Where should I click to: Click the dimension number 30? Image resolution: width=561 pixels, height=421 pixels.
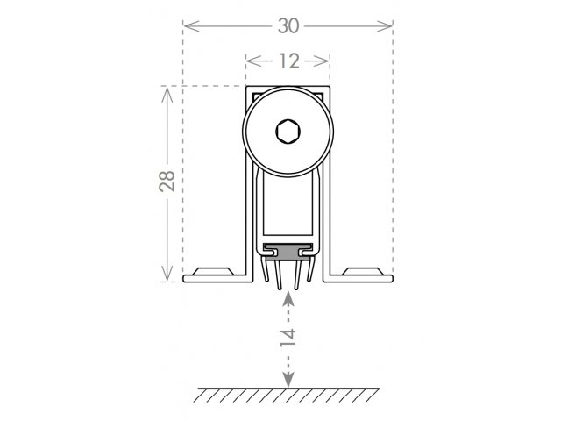(x=288, y=26)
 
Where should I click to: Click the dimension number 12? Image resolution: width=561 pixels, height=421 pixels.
(x=289, y=61)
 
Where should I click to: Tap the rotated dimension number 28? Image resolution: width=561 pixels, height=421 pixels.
(x=167, y=181)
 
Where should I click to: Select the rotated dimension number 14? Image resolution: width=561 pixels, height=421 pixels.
(x=288, y=337)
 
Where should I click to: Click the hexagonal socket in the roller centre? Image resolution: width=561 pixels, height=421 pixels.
(x=288, y=132)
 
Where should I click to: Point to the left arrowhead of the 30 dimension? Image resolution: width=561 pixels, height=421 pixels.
(x=191, y=26)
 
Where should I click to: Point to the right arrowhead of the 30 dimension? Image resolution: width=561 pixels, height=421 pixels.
(x=385, y=26)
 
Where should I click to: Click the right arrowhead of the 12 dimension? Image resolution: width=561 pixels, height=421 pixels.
(x=322, y=61)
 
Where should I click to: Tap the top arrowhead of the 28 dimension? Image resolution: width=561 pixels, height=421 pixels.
(x=167, y=95)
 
